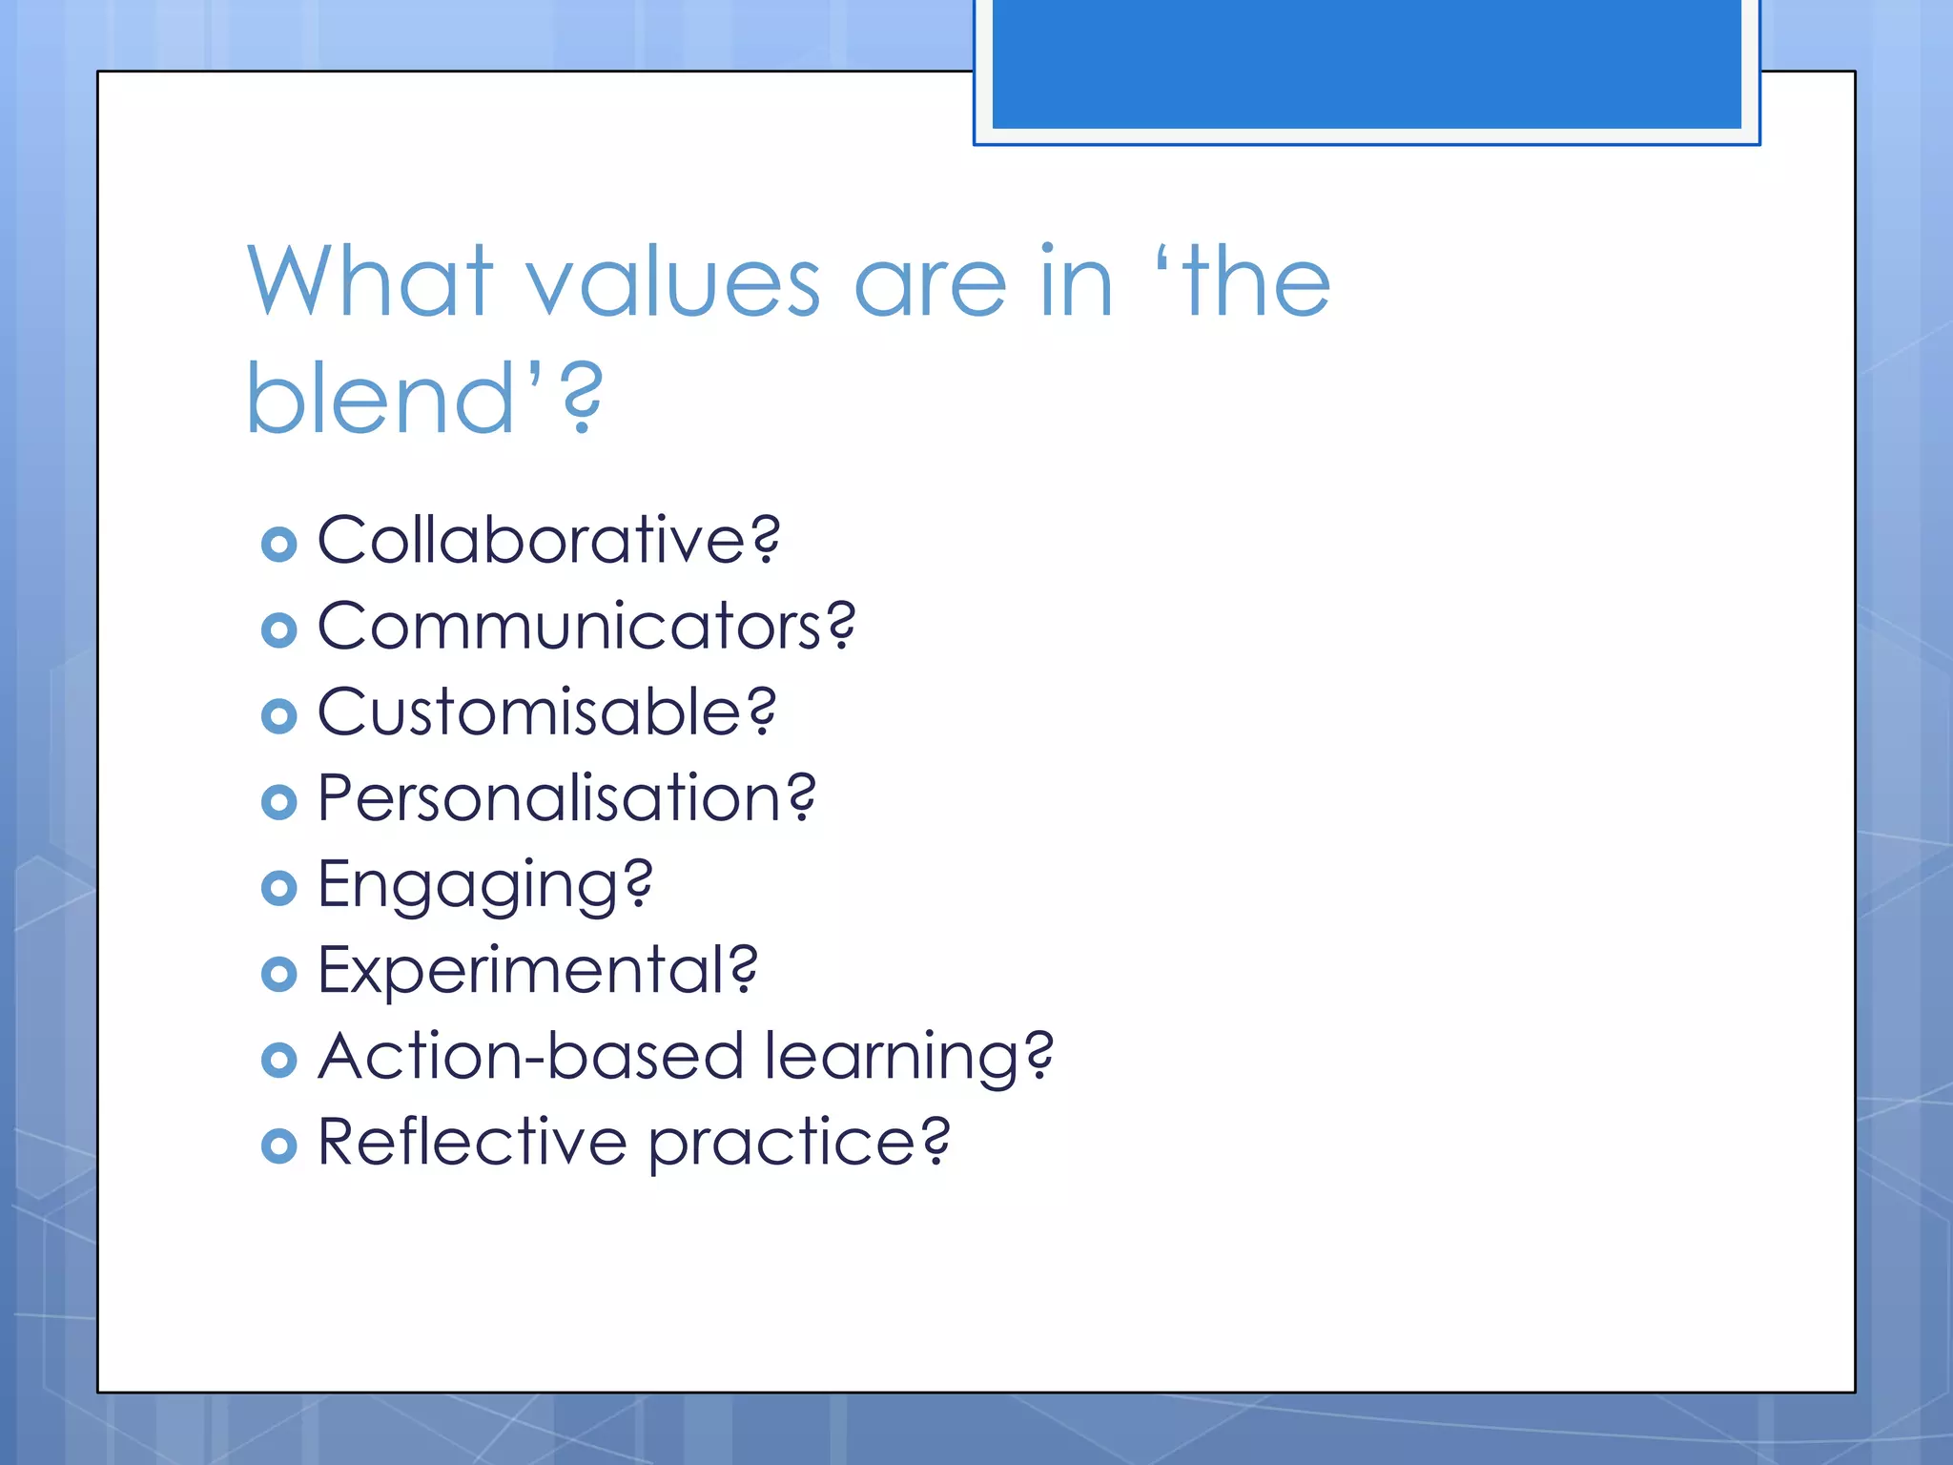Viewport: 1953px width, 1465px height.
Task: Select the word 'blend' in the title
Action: [380, 399]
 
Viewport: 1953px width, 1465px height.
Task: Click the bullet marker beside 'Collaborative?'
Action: [278, 545]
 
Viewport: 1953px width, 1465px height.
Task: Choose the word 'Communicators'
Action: [569, 627]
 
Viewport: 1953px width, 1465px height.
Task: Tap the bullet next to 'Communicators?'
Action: [278, 630]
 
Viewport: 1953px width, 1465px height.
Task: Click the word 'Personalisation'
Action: [551, 798]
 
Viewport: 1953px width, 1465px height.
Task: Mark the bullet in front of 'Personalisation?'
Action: [278, 802]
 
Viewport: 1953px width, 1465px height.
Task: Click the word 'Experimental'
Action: [522, 971]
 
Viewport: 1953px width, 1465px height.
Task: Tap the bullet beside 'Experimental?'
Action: [278, 974]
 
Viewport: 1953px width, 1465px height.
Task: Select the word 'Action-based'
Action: [530, 1057]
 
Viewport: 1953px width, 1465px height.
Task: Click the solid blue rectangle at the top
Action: [1366, 63]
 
